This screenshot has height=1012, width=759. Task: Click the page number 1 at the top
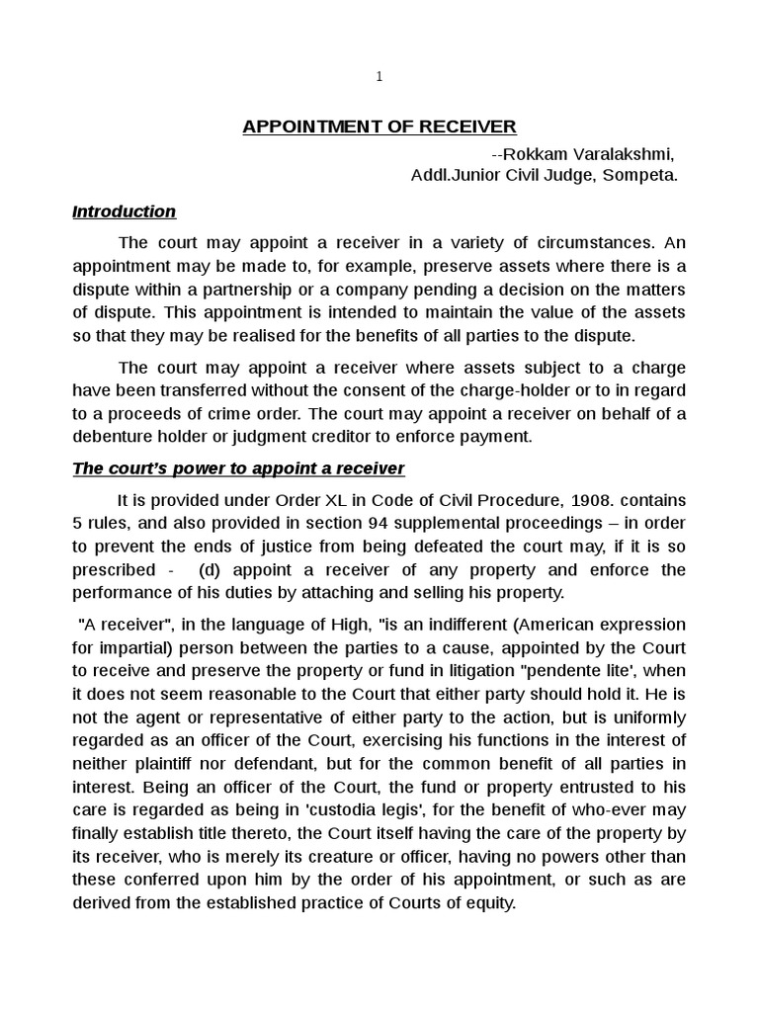point(379,76)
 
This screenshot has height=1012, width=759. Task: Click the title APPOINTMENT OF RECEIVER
point(379,126)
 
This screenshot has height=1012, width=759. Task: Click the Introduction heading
point(124,211)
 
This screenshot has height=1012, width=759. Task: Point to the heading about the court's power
point(238,467)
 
